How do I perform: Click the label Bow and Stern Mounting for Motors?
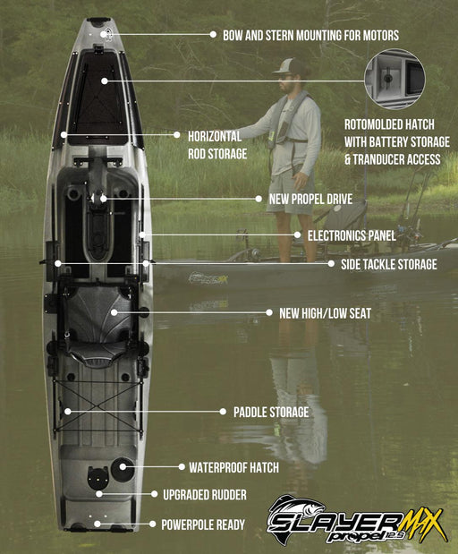tap(304, 35)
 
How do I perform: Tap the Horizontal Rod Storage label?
tap(215, 144)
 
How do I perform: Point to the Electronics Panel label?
tap(352, 235)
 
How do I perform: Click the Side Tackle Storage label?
tap(382, 264)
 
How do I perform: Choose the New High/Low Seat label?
tap(326, 313)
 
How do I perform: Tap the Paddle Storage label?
tap(271, 412)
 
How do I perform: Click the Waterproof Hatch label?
tap(233, 467)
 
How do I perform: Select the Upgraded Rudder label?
tap(204, 494)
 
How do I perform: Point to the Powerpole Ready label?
tap(202, 524)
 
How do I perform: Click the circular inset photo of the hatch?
tap(394, 80)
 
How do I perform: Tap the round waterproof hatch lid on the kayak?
tap(123, 465)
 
